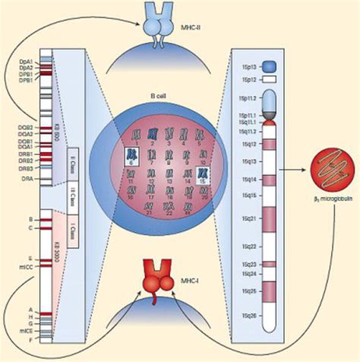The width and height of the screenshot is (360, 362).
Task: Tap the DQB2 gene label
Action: click(x=25, y=127)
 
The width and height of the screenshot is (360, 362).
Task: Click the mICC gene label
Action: click(x=25, y=267)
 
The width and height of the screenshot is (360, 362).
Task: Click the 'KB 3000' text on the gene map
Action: click(x=56, y=251)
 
